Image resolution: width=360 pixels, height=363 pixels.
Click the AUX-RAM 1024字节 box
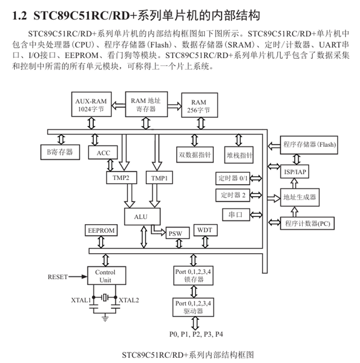pyautogui.click(x=92, y=105)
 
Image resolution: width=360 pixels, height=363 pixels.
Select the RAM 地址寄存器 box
pyautogui.click(x=146, y=105)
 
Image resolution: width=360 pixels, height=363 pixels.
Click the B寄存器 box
pyautogui.click(x=60, y=152)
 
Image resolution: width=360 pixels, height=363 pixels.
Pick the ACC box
pyautogui.click(x=103, y=153)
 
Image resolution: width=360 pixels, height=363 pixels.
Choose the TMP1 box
pyautogui.click(x=159, y=178)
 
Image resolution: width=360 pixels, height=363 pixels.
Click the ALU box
pyautogui.click(x=141, y=217)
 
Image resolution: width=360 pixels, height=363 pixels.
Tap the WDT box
pyautogui.click(x=205, y=230)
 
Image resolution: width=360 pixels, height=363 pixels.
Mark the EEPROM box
pyautogui.click(x=102, y=230)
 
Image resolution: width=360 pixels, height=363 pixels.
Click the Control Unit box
pyautogui.click(x=105, y=276)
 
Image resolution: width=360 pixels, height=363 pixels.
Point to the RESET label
pyautogui.click(x=57, y=277)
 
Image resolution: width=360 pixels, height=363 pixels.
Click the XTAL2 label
pyautogui.click(x=128, y=300)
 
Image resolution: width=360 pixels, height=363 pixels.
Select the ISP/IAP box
pyautogui.click(x=294, y=171)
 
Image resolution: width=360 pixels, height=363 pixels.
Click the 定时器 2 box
pyautogui.click(x=233, y=195)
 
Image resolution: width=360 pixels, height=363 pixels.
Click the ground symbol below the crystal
pyautogui.click(x=105, y=317)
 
